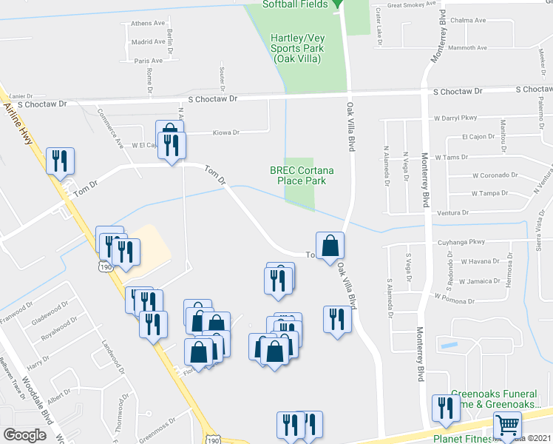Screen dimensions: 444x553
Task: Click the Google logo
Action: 25,434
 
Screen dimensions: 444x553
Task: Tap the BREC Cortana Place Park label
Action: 301,175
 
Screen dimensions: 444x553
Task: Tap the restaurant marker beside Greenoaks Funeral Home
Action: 445,408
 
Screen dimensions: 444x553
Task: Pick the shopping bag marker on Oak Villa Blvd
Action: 330,246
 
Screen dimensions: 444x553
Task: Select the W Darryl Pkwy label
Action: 455,118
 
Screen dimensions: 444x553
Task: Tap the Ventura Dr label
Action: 452,212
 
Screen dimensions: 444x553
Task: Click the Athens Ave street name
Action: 148,24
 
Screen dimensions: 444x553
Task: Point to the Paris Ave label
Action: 149,61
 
